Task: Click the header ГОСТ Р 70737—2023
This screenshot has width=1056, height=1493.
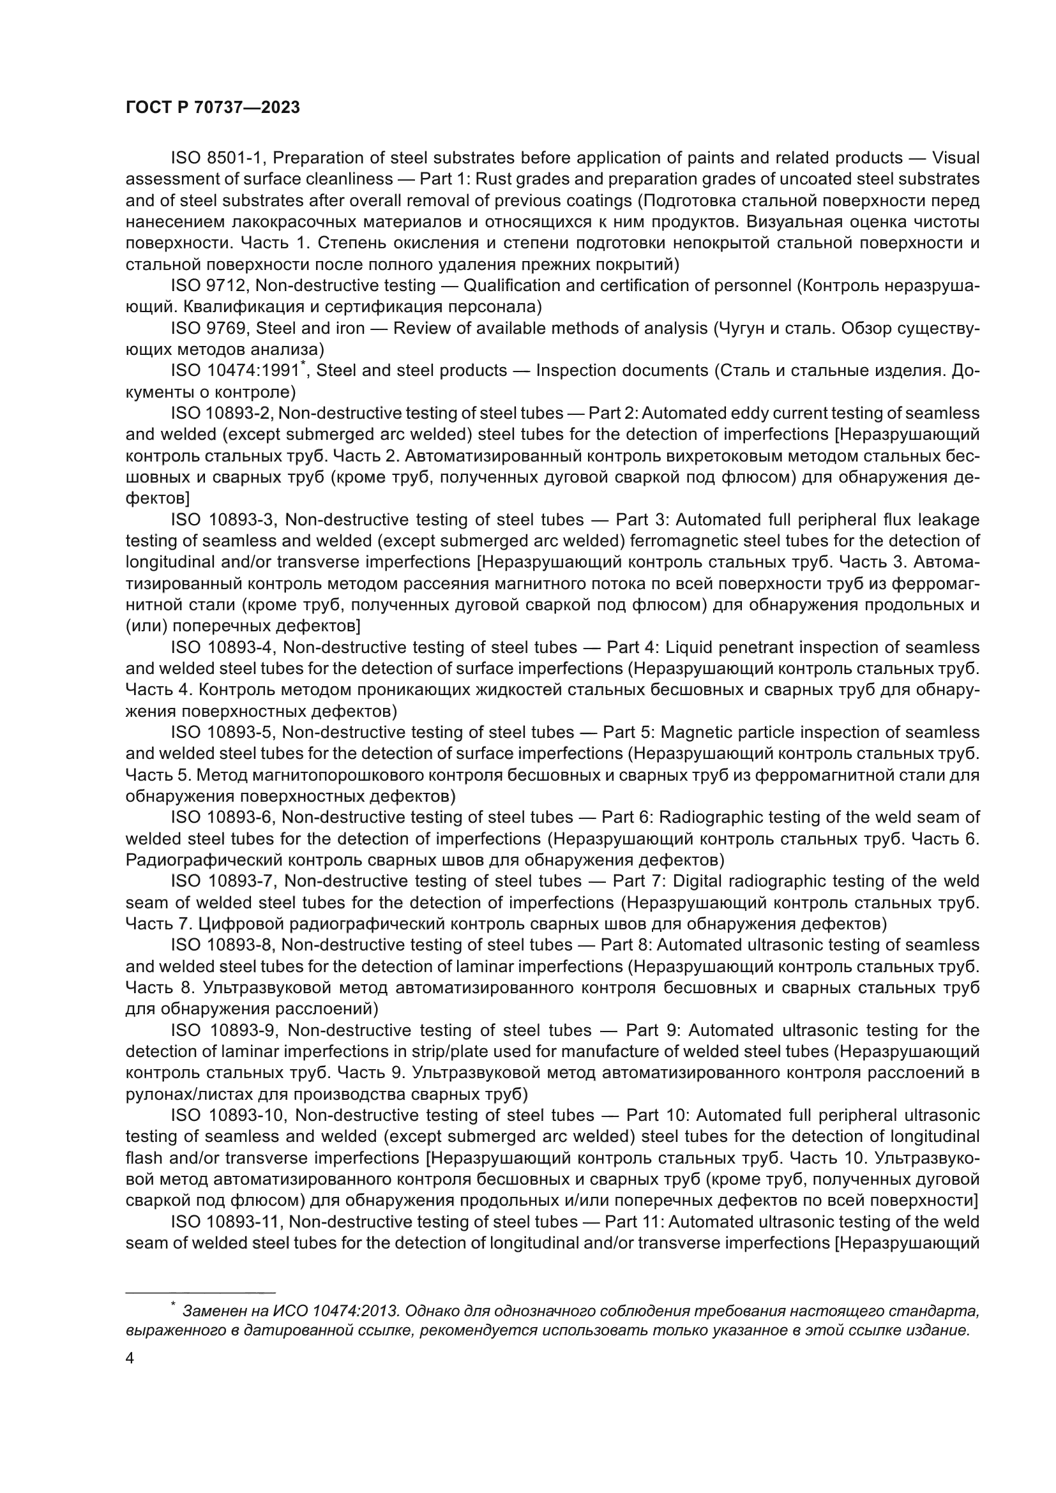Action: (213, 108)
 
